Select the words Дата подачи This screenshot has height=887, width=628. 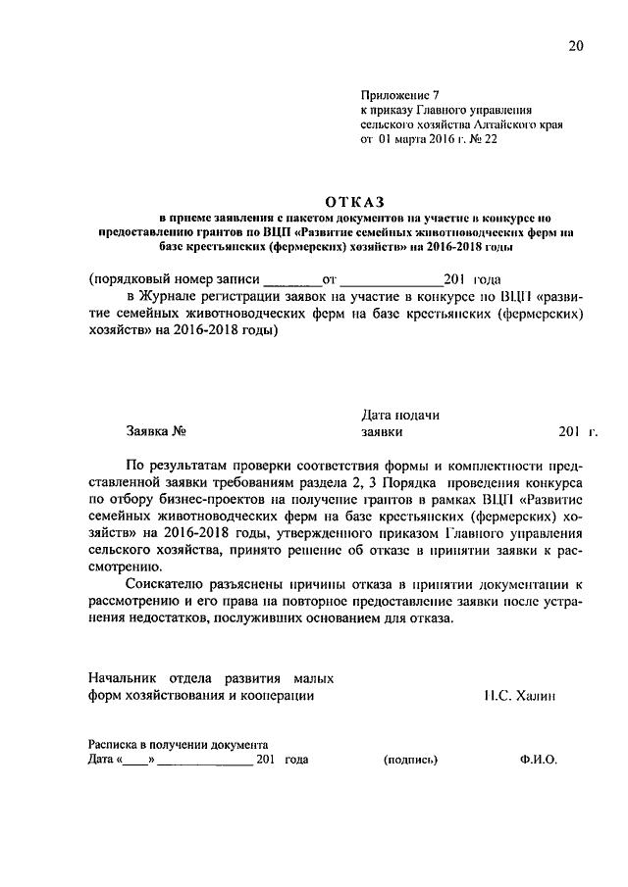tap(399, 415)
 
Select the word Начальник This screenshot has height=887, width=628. tap(124, 678)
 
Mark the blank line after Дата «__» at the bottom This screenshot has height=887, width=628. tap(203, 761)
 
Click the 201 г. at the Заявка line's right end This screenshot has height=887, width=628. tap(577, 430)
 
